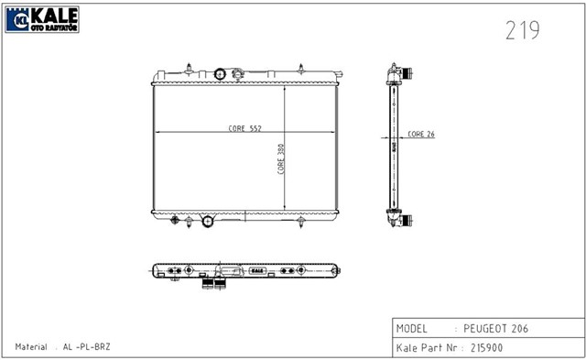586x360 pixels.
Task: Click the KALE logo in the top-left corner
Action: point(41,17)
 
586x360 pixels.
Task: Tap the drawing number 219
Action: point(522,31)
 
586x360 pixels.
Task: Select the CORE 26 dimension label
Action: point(421,135)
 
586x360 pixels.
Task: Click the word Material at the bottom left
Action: point(32,347)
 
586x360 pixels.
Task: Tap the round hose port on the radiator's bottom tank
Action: point(207,220)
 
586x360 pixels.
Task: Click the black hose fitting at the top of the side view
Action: point(405,74)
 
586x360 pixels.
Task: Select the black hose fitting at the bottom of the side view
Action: point(405,221)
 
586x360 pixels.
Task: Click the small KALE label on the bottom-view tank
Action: point(256,270)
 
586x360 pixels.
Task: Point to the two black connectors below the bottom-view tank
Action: point(213,284)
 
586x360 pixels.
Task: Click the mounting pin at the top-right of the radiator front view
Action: point(301,67)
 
